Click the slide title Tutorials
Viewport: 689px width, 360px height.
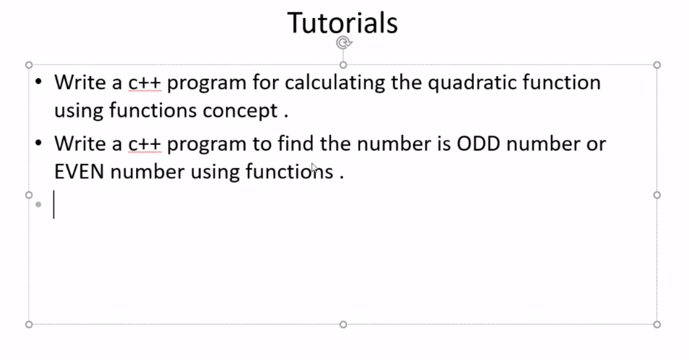coord(343,22)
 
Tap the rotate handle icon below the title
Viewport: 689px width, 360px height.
coord(344,43)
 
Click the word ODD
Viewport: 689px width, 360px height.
coord(479,143)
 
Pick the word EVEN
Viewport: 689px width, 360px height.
coord(79,172)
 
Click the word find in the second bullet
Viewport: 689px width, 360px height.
coord(295,143)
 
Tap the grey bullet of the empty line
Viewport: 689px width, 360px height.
coord(38,204)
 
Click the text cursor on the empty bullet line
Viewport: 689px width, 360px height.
coord(54,204)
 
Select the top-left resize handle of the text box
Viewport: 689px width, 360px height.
coord(29,65)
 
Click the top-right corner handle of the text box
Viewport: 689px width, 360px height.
coord(657,65)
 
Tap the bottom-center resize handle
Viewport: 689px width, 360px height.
coord(343,324)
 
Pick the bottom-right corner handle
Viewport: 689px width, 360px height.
coord(657,324)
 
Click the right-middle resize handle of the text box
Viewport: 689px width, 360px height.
coord(657,195)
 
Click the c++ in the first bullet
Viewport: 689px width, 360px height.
coord(144,82)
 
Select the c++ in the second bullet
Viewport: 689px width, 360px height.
coord(144,143)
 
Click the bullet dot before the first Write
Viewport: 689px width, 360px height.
coord(38,82)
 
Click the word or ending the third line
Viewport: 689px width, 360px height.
coord(596,143)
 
